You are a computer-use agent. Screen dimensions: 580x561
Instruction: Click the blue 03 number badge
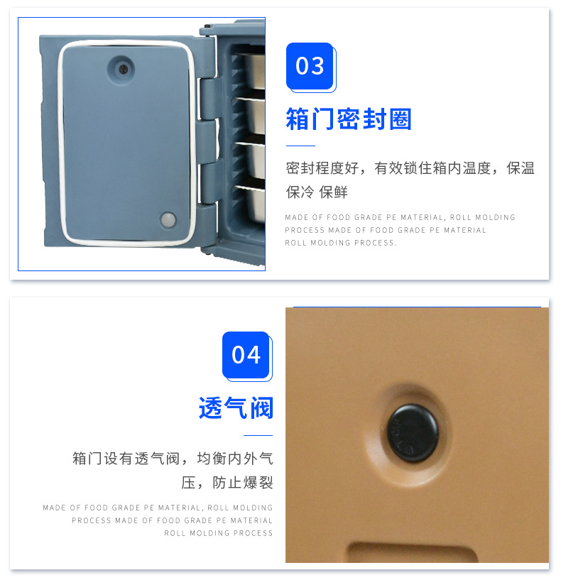point(310,66)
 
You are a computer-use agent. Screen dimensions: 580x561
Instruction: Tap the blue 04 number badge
point(246,354)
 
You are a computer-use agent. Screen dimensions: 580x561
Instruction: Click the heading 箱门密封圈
point(349,119)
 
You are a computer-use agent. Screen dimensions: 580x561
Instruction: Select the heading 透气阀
point(236,407)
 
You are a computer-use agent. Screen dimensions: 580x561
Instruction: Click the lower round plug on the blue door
point(169,219)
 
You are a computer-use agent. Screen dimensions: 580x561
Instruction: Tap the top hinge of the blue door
point(207,98)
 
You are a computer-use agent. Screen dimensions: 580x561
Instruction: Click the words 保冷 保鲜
point(317,192)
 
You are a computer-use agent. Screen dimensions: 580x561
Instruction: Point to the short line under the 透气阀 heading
point(258,434)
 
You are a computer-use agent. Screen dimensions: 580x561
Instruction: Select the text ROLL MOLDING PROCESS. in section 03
point(341,243)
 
